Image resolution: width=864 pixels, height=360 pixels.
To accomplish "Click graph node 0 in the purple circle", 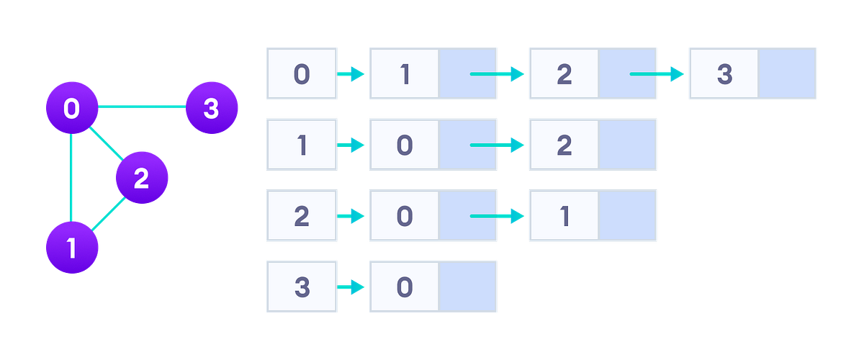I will [x=71, y=109].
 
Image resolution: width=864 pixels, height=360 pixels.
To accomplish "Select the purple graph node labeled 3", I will [x=211, y=109].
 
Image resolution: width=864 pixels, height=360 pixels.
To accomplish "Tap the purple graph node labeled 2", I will [x=141, y=178].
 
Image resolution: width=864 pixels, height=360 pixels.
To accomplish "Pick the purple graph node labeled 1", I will [x=71, y=248].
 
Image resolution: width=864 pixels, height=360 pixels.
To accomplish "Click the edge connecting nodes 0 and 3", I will [x=141, y=107].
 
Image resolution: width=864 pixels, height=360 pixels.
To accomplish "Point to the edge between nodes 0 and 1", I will [x=71, y=178].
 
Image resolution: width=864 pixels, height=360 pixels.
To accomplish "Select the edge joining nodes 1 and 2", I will [x=107, y=215].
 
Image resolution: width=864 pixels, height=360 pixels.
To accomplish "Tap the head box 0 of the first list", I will [x=302, y=74].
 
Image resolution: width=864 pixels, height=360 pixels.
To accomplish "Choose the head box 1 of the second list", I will [x=302, y=145].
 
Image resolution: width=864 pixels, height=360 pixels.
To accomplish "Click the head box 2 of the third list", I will [x=302, y=215].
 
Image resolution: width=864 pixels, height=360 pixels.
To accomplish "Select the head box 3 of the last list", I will [x=302, y=286].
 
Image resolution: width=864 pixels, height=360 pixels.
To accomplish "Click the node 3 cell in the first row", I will [x=724, y=74].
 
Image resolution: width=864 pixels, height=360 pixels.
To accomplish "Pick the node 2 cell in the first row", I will [x=564, y=74].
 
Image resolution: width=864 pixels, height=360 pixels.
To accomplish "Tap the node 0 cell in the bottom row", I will [x=404, y=286].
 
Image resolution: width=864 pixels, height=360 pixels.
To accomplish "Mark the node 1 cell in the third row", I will [x=564, y=215].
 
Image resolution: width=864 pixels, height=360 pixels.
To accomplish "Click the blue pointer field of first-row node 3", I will [x=787, y=74].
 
